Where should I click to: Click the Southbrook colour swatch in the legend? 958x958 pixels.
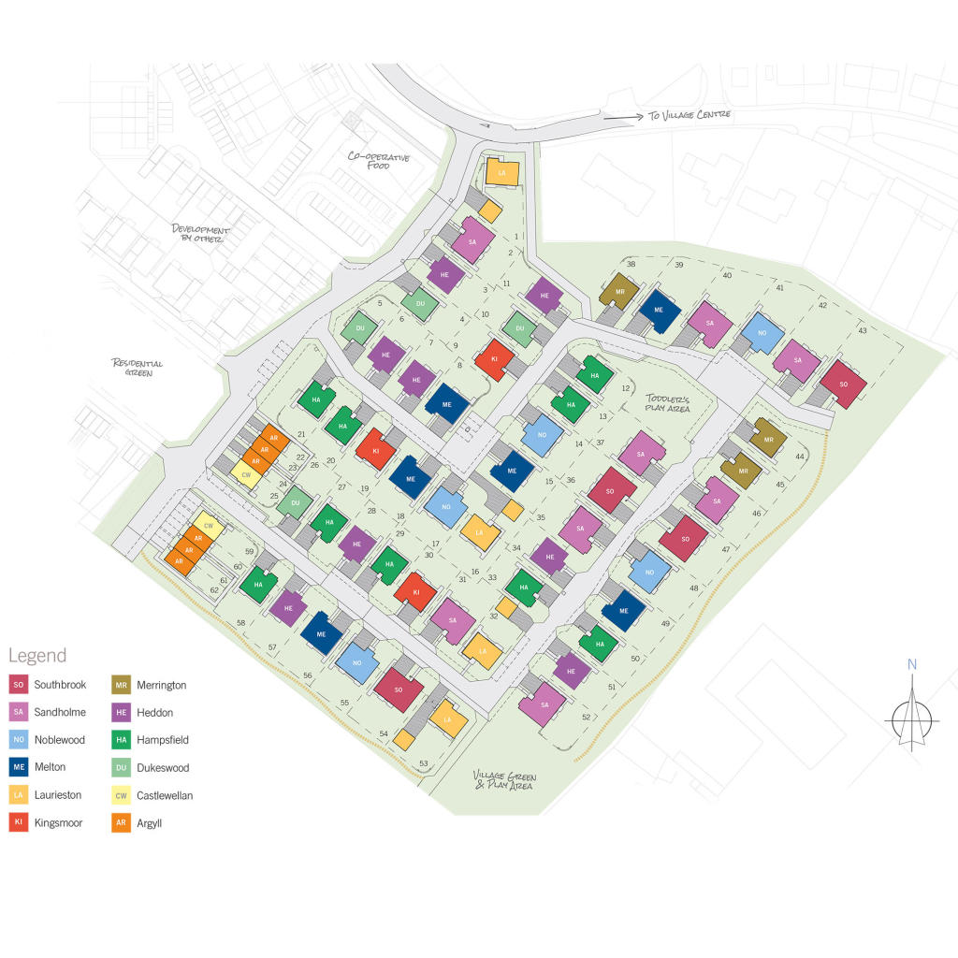tap(19, 685)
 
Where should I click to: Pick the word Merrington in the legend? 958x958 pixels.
tap(162, 685)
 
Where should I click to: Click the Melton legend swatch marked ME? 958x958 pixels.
tap(19, 767)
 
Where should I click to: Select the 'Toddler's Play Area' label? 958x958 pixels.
tap(666, 402)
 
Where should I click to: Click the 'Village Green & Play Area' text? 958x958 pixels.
tap(503, 781)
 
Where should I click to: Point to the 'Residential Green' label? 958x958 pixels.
tap(138, 368)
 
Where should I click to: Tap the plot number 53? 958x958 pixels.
tap(424, 764)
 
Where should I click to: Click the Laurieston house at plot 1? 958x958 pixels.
tap(501, 172)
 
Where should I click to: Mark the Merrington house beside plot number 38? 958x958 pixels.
tap(618, 293)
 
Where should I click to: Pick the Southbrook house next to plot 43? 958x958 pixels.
tap(843, 384)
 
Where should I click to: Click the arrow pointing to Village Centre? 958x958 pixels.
tap(618, 117)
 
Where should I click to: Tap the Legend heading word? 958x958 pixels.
tap(37, 655)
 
